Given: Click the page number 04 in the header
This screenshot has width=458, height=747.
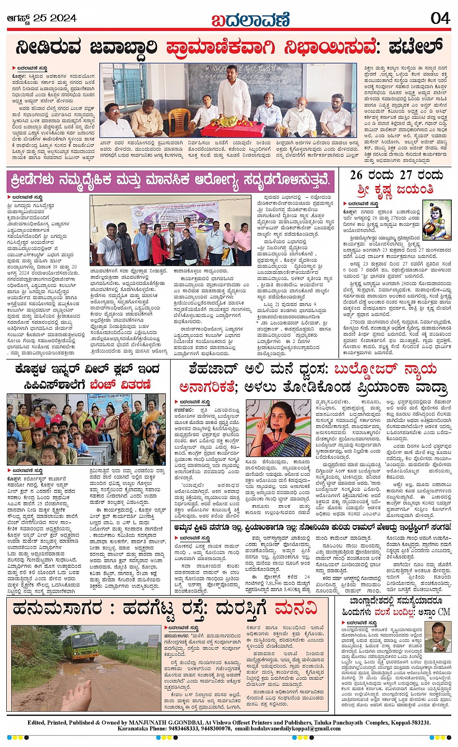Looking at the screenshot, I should (x=440, y=18).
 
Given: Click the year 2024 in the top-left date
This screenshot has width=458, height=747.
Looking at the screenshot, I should (x=63, y=18).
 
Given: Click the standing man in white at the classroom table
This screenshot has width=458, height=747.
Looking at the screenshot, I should (x=234, y=97).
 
